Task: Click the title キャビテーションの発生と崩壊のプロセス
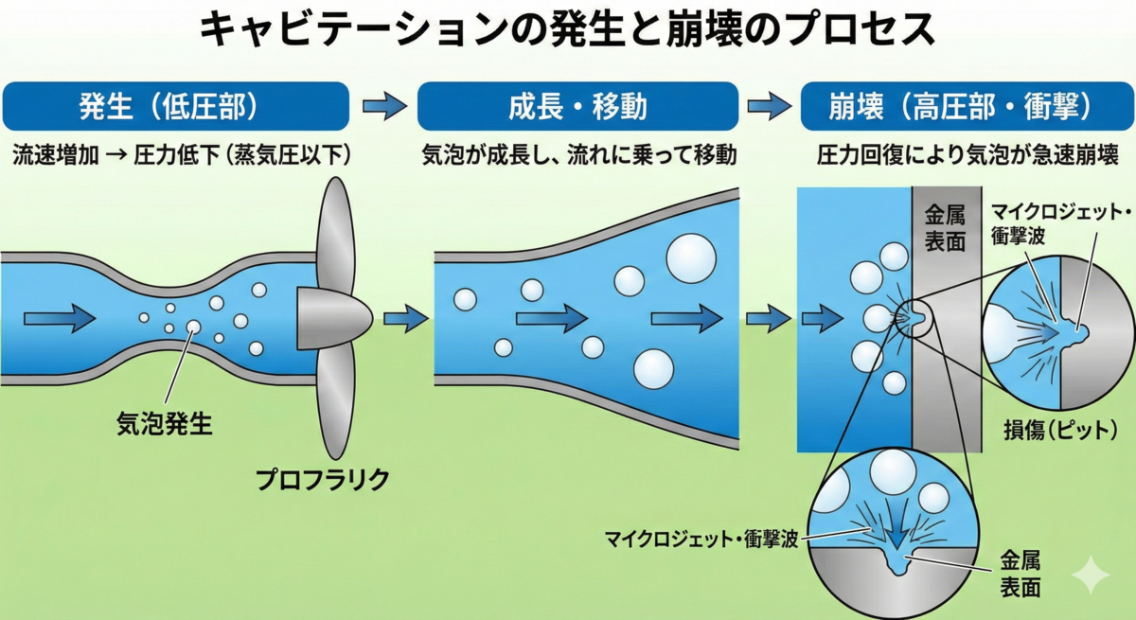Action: (567, 31)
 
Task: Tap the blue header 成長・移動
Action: (577, 106)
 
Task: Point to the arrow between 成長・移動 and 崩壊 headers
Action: (770, 106)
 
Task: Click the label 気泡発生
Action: (164, 423)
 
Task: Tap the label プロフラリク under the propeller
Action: (323, 480)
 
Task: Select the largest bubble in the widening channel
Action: (691, 254)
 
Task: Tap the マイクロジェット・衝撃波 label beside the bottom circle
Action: (701, 540)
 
